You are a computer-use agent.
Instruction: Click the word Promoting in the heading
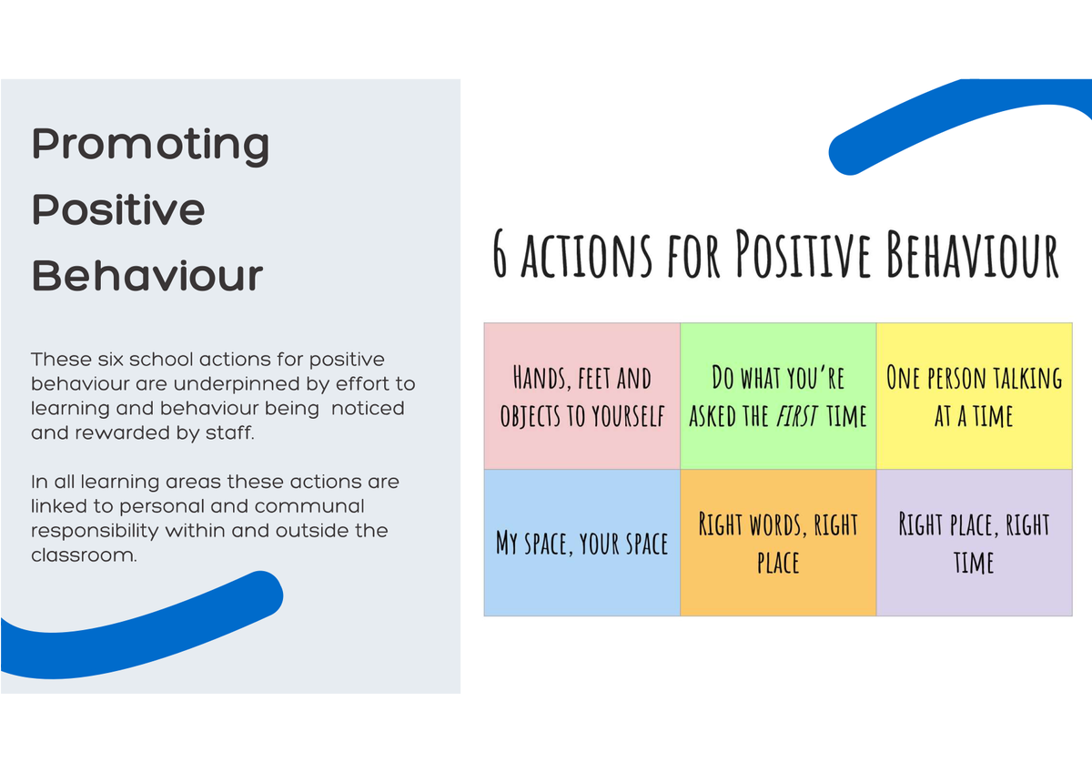point(150,146)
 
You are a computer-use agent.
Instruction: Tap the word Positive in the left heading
point(118,209)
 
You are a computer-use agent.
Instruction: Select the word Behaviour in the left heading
point(147,275)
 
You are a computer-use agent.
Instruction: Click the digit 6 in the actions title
point(500,254)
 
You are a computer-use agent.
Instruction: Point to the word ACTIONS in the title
point(586,255)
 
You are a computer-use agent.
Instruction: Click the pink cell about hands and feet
point(582,396)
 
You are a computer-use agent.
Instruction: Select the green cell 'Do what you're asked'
point(778,396)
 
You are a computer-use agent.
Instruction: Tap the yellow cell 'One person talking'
point(974,396)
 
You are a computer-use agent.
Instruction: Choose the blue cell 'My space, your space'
point(582,543)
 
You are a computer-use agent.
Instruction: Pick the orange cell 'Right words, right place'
point(778,543)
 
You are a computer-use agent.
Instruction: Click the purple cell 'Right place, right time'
point(974,543)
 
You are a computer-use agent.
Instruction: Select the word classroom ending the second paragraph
point(84,555)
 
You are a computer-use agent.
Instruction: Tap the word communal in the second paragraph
point(309,505)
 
